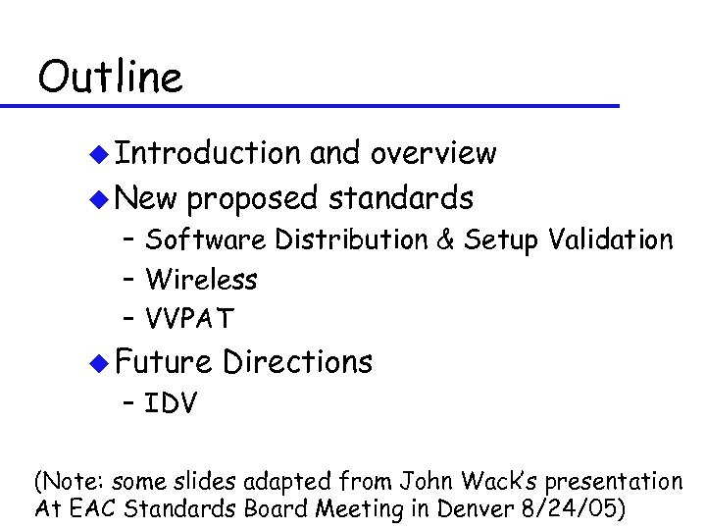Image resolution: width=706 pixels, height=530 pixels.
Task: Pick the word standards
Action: (401, 198)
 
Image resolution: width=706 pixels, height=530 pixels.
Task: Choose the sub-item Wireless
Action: (201, 280)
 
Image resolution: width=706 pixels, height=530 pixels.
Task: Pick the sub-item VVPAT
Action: (190, 319)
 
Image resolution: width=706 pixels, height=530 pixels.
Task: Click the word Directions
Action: (298, 361)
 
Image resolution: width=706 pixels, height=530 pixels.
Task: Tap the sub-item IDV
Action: (171, 402)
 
